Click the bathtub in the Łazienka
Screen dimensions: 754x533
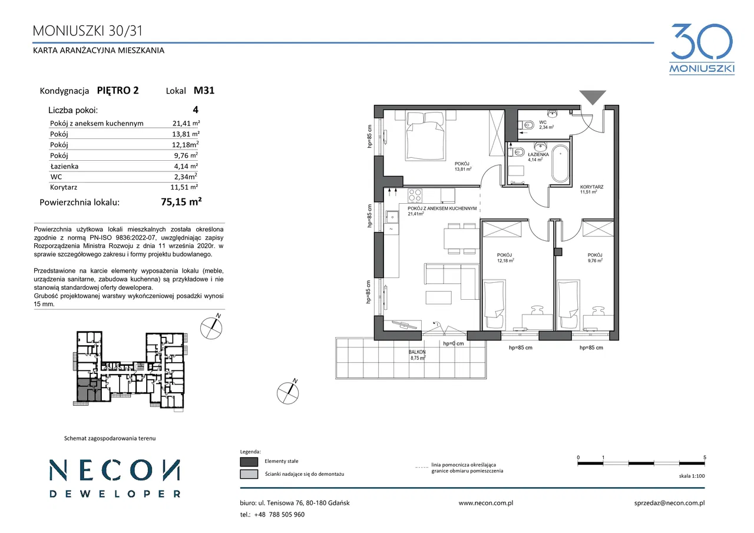560,164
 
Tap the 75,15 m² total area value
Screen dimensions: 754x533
181,201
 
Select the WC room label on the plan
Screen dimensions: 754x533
543,123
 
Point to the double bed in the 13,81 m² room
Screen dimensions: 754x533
425,135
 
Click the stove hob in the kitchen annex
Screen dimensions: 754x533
415,196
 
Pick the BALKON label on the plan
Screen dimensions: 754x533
417,352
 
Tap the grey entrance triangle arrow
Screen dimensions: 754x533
593,97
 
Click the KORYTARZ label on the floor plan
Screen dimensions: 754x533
591,187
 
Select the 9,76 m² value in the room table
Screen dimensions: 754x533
186,155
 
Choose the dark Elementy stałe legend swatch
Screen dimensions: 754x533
249,461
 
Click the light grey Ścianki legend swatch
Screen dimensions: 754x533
249,474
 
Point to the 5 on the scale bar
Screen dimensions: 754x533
705,458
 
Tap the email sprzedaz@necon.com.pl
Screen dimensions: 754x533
669,503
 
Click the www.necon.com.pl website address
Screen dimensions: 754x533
486,503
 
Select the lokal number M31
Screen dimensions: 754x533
204,90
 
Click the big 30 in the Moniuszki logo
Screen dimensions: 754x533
702,41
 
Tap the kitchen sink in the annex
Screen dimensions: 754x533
392,217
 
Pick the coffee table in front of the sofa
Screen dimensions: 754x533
438,298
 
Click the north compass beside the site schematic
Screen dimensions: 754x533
211,327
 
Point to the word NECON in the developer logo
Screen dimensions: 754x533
115,470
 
